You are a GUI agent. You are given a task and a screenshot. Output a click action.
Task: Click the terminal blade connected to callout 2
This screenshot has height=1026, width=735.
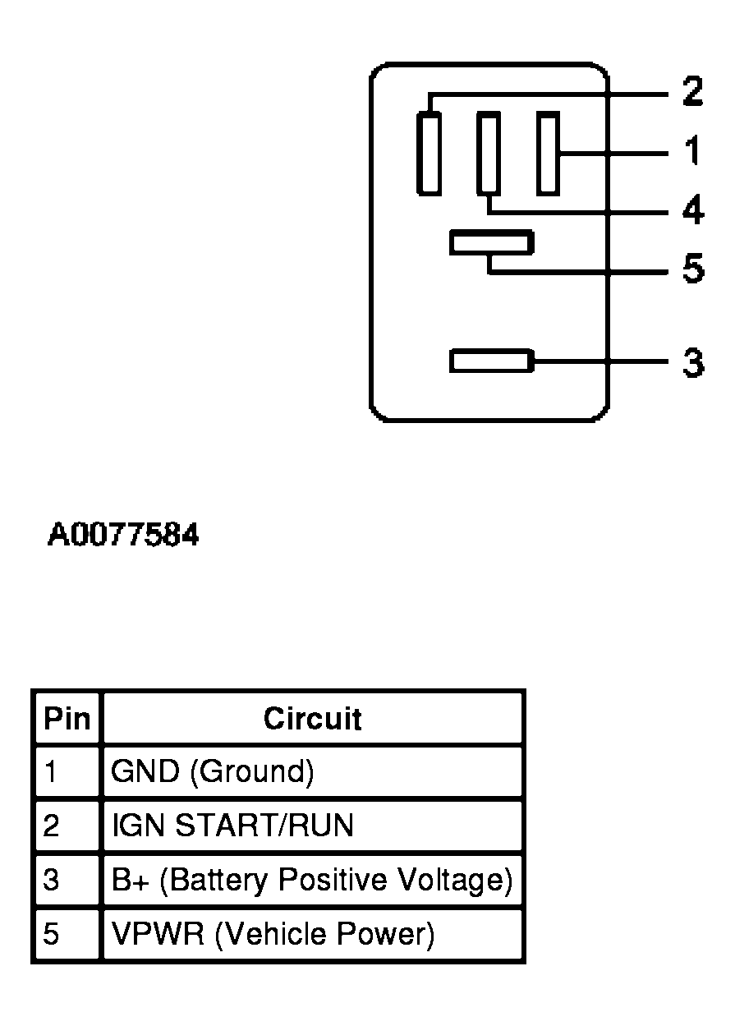point(428,154)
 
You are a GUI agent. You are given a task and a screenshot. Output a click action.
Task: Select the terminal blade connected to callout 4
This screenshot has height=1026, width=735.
point(488,154)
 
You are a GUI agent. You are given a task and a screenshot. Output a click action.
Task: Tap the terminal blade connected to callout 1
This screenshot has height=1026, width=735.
point(548,154)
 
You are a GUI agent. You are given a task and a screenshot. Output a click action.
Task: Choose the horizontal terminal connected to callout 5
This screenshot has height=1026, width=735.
point(491,243)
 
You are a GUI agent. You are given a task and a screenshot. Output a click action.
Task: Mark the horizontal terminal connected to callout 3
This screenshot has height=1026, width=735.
point(491,361)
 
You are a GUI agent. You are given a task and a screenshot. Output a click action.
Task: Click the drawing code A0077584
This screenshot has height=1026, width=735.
point(123,536)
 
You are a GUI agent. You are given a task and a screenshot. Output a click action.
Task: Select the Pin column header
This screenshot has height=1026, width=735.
point(67,719)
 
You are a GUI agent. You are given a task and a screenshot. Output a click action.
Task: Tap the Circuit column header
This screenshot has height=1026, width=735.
point(312,719)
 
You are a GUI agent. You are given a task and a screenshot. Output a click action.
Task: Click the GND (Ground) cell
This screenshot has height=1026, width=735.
point(213,772)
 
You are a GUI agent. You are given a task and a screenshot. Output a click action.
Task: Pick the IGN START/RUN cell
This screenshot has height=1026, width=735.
point(232,825)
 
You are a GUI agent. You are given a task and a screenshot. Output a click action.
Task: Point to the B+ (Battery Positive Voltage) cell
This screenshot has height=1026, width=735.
point(312,880)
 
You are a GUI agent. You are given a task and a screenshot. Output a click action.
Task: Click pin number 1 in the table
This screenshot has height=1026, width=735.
point(51,772)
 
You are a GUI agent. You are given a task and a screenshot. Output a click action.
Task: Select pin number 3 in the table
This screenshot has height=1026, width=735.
point(51,880)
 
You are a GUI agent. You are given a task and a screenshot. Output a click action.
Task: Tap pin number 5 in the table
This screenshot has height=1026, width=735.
point(51,934)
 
